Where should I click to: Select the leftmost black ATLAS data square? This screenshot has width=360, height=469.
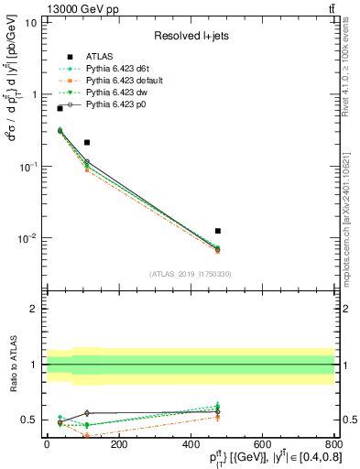coord(60,108)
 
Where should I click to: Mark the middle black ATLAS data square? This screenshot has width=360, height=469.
coord(87,142)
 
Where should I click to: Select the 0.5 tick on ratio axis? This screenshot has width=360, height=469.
coord(29,420)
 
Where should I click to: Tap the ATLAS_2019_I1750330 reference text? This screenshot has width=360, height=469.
coord(190,274)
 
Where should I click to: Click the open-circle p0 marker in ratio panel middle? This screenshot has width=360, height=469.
coord(87,413)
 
